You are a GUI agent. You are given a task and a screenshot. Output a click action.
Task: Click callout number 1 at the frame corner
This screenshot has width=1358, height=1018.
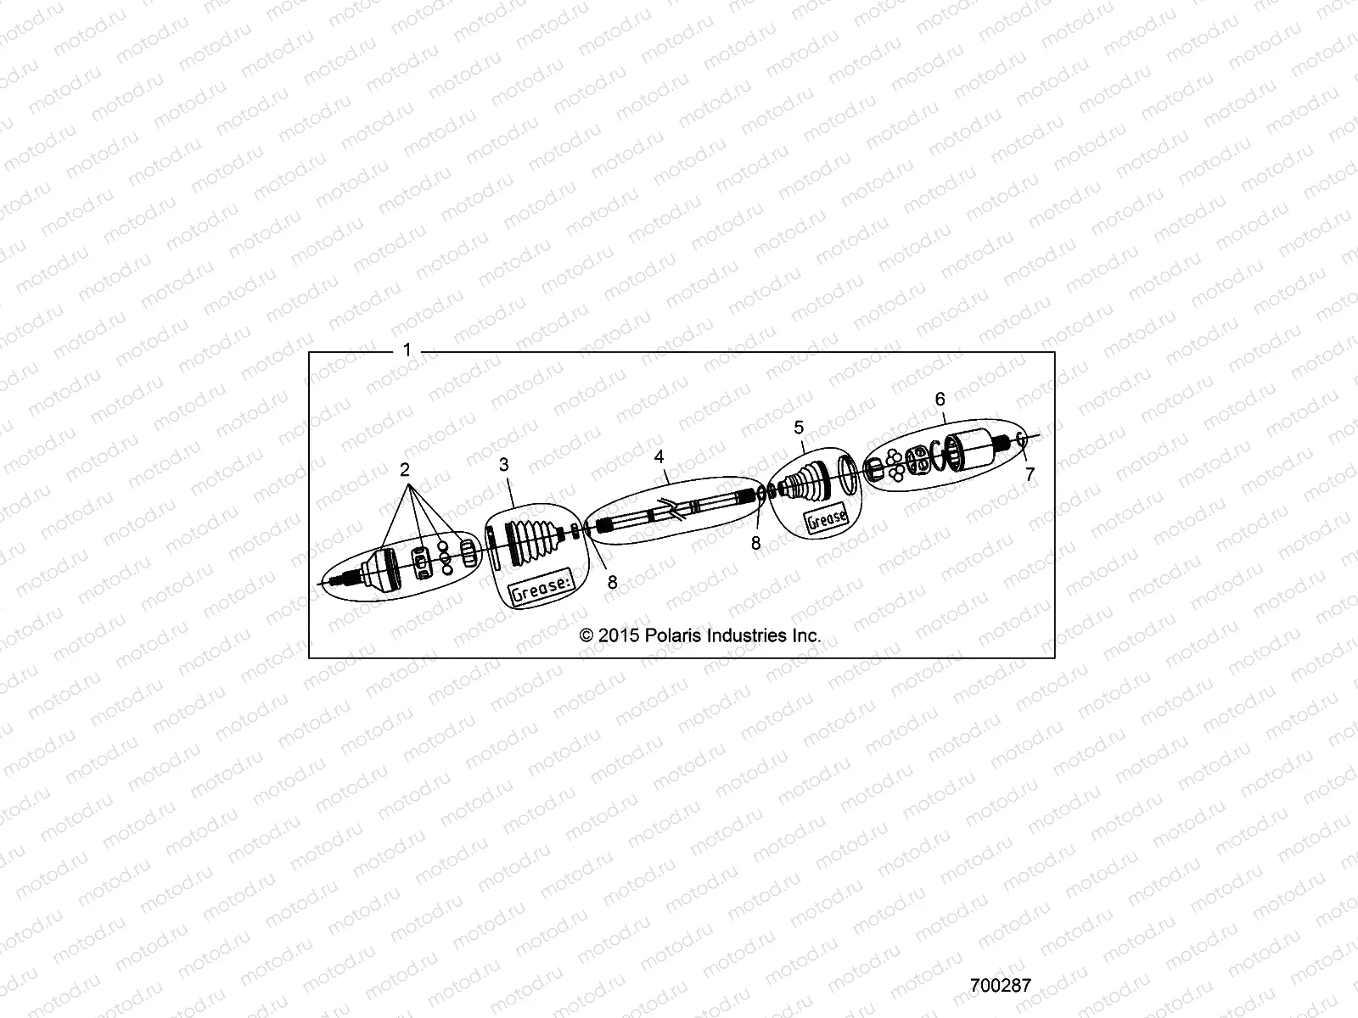click(x=407, y=350)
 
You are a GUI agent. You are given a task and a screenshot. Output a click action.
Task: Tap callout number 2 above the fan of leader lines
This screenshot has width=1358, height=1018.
click(x=405, y=469)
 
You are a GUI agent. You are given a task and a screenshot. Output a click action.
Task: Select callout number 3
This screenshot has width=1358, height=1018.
click(x=503, y=465)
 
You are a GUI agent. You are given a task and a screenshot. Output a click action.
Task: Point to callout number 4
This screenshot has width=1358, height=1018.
click(x=659, y=457)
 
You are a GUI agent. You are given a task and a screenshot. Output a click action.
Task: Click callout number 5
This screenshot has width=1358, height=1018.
click(x=799, y=426)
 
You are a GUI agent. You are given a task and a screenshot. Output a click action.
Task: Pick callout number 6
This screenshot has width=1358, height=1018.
click(x=940, y=398)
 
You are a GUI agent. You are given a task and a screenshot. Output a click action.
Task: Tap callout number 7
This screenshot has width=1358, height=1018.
click(x=1030, y=475)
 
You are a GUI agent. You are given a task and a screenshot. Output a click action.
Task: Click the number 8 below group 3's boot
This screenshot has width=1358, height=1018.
click(x=612, y=583)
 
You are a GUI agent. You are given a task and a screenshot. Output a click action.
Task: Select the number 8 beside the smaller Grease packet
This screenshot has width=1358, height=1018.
click(x=755, y=544)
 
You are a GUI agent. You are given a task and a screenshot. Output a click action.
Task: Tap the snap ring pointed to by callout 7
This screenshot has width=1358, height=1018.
click(x=1021, y=441)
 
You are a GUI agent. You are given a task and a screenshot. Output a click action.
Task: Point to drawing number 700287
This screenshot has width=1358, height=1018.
click(x=1001, y=986)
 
